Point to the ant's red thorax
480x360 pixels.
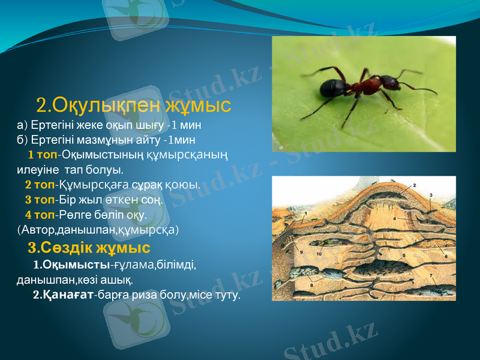pyautogui.click(x=365, y=84)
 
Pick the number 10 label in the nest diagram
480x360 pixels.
pyautogui.click(x=319, y=254)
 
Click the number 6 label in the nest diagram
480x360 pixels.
pyautogui.click(x=446, y=256)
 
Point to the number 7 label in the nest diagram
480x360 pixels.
pyautogui.click(x=432, y=275)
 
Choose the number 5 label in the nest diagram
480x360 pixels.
pyautogui.click(x=404, y=256)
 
